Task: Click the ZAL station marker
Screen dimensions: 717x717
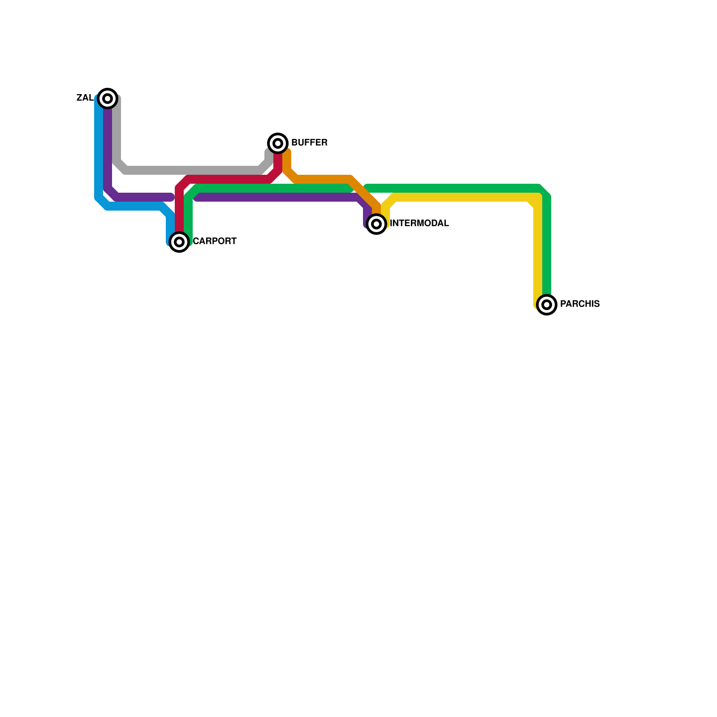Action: click(x=108, y=99)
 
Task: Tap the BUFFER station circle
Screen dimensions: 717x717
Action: click(x=278, y=143)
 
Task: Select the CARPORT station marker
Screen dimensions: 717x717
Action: click(x=179, y=242)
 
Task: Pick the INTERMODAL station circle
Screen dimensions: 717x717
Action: click(x=377, y=224)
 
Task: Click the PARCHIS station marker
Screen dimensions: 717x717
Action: click(x=547, y=305)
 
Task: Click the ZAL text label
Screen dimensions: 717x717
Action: click(x=85, y=98)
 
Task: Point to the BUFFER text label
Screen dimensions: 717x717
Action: click(x=309, y=143)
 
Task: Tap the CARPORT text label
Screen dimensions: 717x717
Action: click(x=215, y=242)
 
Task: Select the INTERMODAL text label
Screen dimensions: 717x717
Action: click(x=419, y=224)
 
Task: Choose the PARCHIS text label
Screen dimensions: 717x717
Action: click(x=580, y=304)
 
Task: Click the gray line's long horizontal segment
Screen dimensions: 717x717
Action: click(x=193, y=170)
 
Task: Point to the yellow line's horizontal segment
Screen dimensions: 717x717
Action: click(x=462, y=197)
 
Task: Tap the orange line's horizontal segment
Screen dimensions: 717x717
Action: click(x=323, y=179)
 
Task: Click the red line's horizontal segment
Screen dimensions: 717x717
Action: click(x=229, y=179)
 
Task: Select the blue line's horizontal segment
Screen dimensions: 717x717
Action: click(x=134, y=206)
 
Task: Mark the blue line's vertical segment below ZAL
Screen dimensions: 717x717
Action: click(x=99, y=148)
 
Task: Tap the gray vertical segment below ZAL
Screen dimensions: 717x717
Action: click(x=117, y=130)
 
